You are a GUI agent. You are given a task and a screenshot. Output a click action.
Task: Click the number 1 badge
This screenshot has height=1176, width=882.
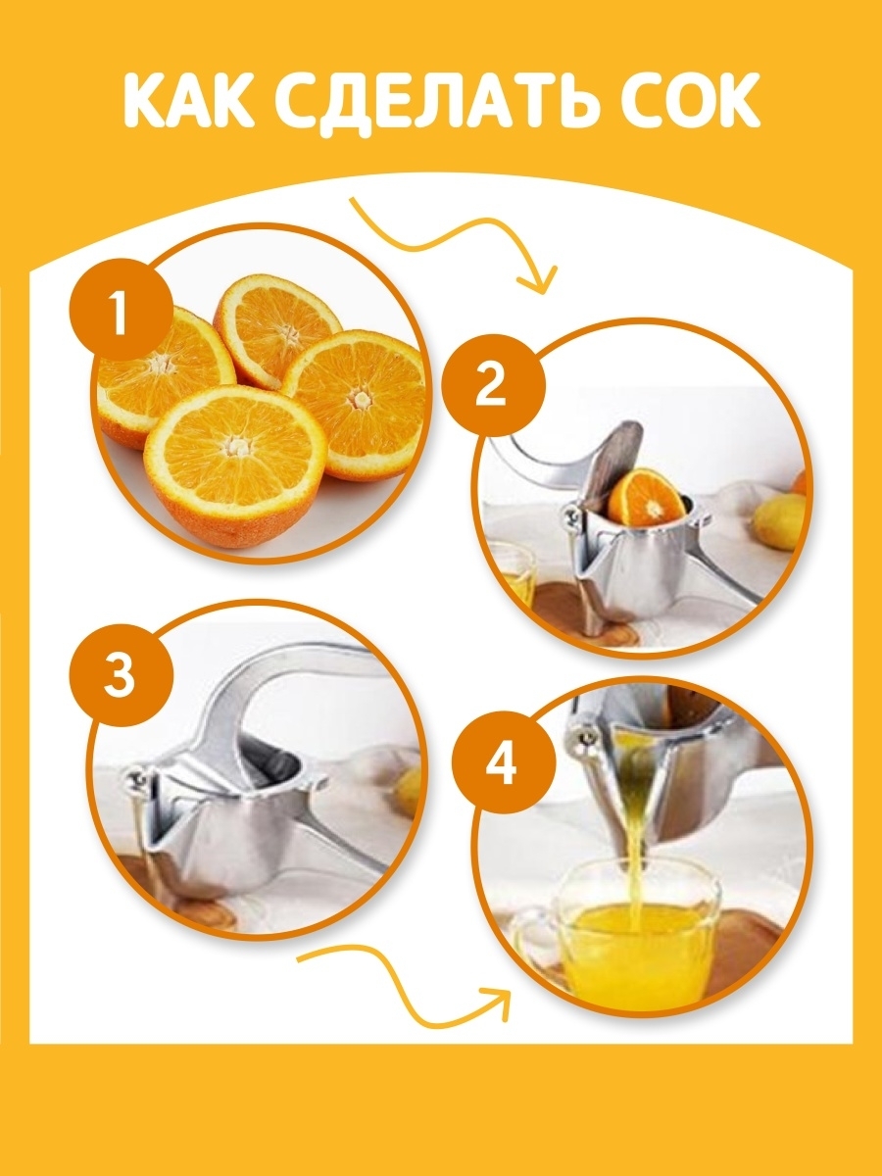(121, 313)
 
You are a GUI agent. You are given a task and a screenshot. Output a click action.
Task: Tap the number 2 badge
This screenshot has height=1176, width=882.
(492, 386)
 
